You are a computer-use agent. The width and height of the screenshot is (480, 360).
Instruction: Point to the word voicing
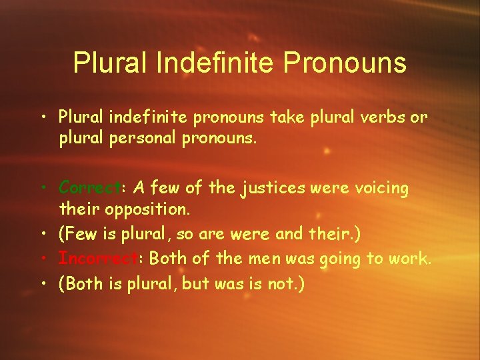379,188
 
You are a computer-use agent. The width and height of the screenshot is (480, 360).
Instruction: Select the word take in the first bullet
289,117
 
